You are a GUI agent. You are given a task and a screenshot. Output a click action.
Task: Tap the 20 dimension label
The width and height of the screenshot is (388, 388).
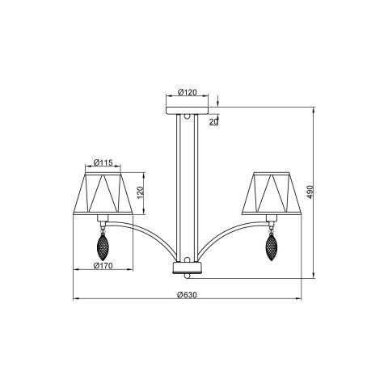[213, 121]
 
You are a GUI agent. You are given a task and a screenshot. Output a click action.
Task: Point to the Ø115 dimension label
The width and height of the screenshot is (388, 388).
[102, 162]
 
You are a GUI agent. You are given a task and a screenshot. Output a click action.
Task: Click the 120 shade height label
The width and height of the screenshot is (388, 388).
[138, 193]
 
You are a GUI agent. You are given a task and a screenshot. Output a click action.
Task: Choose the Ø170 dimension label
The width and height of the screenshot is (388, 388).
[103, 265]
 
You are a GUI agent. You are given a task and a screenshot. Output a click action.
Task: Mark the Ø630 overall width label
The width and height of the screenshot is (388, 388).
[187, 294]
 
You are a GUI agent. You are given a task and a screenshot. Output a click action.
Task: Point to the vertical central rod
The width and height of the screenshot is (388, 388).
[188, 186]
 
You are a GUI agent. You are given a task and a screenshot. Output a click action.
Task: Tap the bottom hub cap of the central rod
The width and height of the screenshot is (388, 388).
[188, 268]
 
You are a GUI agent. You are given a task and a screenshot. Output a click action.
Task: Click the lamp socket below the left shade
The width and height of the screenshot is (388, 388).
[103, 220]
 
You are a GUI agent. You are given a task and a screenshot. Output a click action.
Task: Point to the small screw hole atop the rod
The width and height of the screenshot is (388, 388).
[188, 119]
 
